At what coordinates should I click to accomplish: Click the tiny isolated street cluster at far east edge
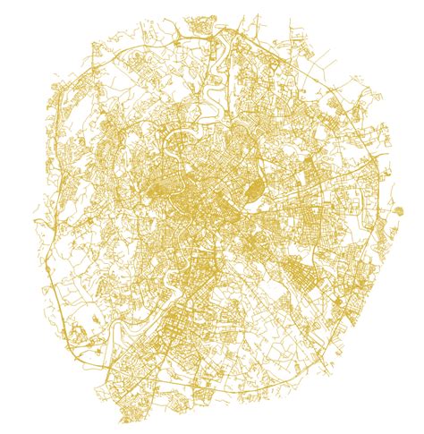[398, 211]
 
